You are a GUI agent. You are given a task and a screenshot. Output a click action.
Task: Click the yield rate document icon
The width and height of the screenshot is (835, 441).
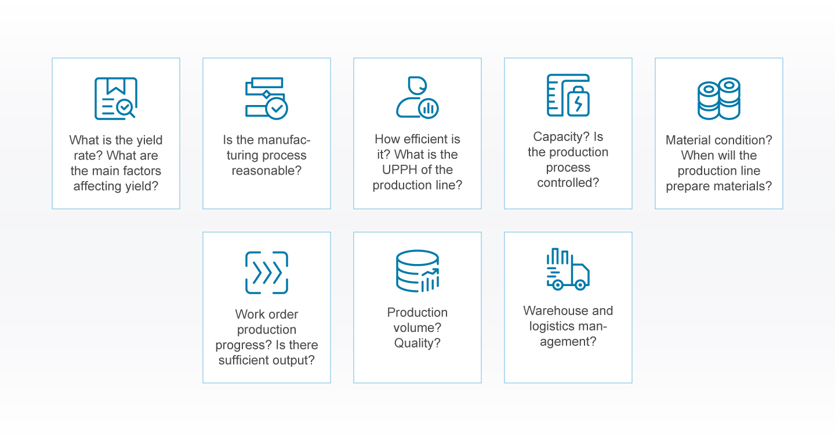point(116,99)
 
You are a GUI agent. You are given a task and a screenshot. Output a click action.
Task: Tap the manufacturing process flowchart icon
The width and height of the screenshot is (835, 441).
point(267,98)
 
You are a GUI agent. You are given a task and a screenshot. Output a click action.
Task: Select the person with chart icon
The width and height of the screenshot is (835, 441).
point(417,97)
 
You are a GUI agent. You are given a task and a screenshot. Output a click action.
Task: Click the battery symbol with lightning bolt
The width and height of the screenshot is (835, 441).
point(578,102)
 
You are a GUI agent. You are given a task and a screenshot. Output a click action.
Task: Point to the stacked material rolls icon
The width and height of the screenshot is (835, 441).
point(718,99)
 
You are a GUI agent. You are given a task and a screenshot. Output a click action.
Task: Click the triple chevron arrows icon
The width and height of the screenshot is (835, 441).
point(267,273)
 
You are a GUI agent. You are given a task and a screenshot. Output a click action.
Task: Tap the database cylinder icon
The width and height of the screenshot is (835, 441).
point(417,271)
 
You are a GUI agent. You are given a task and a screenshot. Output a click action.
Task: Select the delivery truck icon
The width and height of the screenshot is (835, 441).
point(568,269)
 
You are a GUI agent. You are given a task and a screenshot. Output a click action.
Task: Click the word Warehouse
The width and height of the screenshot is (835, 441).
point(550,310)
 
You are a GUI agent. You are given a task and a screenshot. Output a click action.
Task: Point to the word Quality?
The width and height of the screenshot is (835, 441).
point(417,344)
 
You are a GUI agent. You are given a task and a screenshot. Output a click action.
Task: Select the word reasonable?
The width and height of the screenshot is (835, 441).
point(267,171)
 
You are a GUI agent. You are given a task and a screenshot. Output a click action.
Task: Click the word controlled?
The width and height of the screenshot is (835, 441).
point(568,182)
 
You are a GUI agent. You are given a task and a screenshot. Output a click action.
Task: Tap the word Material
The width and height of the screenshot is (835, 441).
point(687,140)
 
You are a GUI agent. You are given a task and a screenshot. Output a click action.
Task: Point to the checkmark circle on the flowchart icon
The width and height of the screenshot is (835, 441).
point(277,109)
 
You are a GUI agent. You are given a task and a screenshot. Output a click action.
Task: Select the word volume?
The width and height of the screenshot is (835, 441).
point(417,328)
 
